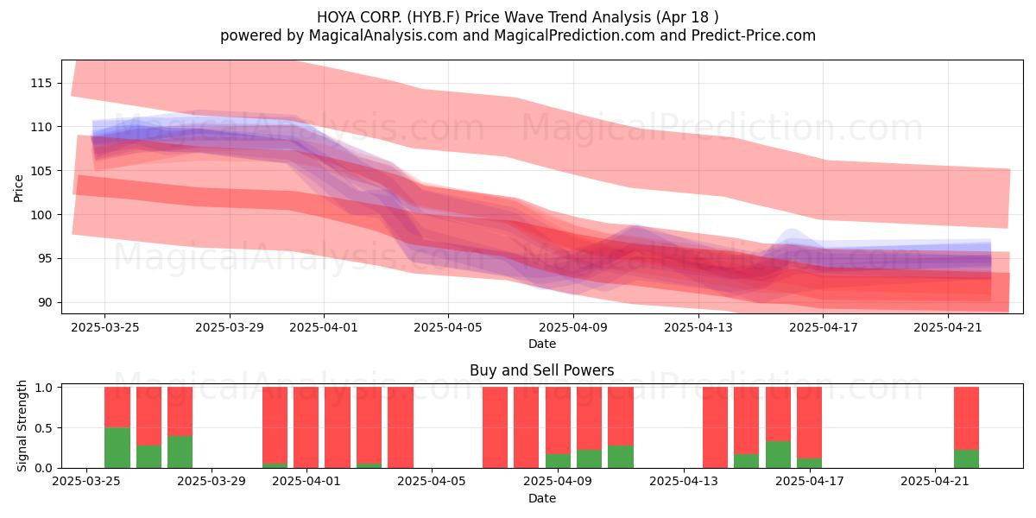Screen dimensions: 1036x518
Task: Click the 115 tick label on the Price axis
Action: click(41, 83)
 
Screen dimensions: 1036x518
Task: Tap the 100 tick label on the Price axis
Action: click(41, 215)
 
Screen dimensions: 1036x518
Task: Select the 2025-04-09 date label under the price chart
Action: click(573, 327)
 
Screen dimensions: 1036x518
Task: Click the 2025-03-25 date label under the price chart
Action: click(105, 327)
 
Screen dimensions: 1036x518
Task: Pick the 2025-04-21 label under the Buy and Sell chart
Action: click(935, 482)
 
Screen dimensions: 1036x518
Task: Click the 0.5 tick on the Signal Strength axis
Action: click(43, 428)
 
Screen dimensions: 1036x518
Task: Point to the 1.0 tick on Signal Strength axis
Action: click(43, 388)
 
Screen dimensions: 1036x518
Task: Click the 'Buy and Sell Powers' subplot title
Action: click(542, 370)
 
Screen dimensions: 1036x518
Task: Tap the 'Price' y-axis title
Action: click(18, 189)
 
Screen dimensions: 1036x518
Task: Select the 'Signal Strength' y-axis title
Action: click(22, 426)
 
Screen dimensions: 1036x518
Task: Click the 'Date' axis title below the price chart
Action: click(542, 344)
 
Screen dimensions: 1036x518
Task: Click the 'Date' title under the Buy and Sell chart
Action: click(542, 498)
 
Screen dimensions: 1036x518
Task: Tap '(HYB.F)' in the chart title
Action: click(433, 17)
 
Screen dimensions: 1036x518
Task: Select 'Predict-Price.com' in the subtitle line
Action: click(754, 35)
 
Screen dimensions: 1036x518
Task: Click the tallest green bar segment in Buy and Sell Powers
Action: click(117, 448)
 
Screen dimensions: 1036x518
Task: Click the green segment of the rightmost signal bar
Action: click(967, 458)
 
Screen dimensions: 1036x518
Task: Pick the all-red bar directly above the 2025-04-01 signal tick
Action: click(306, 427)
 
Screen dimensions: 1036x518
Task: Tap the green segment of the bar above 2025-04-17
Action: click(810, 463)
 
